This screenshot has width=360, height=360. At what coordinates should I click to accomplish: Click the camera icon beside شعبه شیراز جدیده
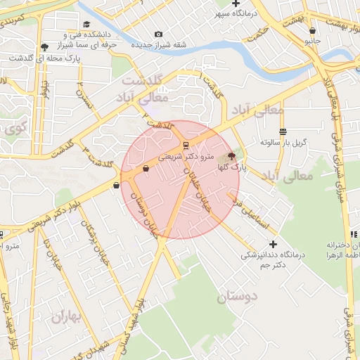[158, 34]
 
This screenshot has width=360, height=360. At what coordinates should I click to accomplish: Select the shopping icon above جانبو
[312, 31]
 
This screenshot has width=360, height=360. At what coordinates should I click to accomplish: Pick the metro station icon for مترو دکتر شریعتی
[186, 146]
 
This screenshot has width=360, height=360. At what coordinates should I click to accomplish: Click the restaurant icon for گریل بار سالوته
[283, 131]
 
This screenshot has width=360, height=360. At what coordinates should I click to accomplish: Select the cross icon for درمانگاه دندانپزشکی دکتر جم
[273, 244]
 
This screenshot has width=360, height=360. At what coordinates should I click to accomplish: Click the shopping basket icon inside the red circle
[146, 169]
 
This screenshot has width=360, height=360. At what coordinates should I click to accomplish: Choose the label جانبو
[312, 42]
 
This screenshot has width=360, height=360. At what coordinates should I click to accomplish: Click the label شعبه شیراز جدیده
[160, 44]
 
